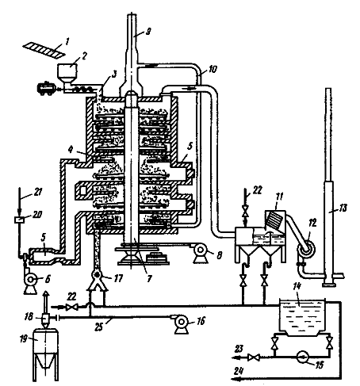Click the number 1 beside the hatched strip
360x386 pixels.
(x=67, y=41)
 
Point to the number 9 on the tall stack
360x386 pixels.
(x=148, y=32)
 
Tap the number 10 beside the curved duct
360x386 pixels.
(x=213, y=69)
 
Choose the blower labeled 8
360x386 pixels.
(x=200, y=253)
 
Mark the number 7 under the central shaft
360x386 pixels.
(x=150, y=278)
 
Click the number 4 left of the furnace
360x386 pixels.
(x=71, y=150)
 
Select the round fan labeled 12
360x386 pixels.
(x=306, y=248)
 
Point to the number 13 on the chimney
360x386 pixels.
(x=343, y=208)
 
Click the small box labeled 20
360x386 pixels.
(x=19, y=219)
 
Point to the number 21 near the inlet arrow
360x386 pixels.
(x=38, y=192)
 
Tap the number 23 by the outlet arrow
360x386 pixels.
(x=239, y=349)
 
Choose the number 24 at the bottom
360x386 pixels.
(x=239, y=371)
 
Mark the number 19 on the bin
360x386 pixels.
(x=24, y=338)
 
